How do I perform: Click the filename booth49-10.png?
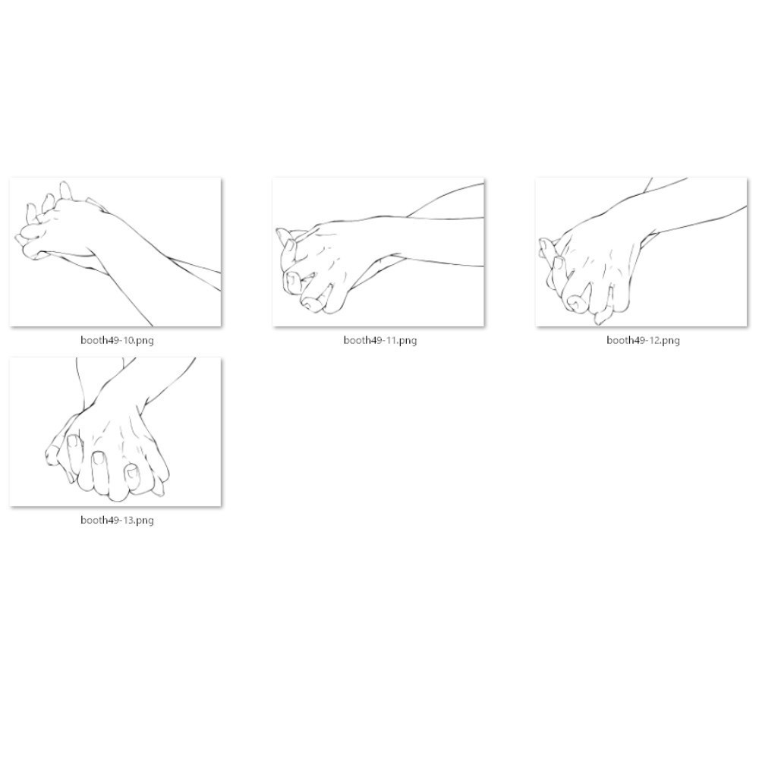117,340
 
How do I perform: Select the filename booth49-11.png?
380,340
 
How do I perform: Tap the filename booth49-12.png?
643,340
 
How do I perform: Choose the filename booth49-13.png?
117,521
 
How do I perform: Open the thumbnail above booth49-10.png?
115,252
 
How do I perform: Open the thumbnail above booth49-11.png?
379,252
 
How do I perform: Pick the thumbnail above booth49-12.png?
641,252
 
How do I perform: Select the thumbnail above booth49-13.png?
115,432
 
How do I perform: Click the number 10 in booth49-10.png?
128,340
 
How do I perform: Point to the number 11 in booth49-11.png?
390,340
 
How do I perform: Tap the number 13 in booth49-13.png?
128,521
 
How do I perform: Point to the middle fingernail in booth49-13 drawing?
100,458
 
